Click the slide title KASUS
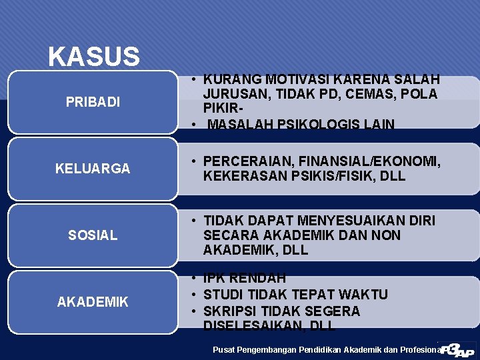pos(93,57)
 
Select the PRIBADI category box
pos(93,102)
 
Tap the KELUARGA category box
pos(93,169)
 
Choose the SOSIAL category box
pos(93,235)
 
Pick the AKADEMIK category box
pos(93,302)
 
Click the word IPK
pos(215,278)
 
